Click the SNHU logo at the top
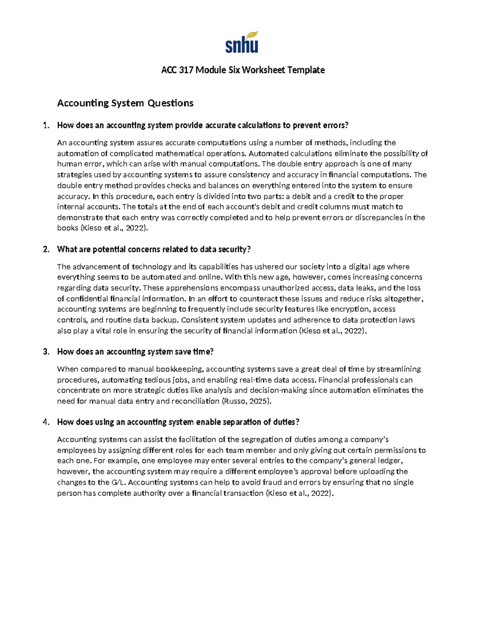click(x=242, y=43)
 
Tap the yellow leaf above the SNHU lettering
click(x=253, y=35)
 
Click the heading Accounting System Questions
click(x=125, y=103)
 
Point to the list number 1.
click(x=46, y=126)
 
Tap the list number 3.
click(x=46, y=352)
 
